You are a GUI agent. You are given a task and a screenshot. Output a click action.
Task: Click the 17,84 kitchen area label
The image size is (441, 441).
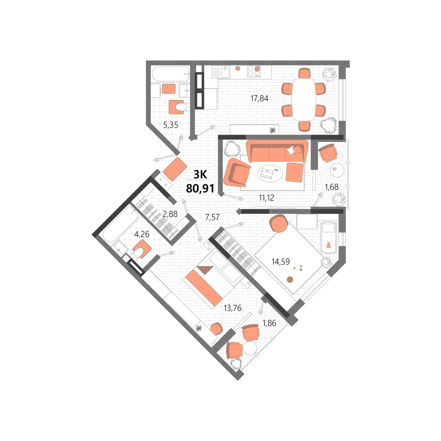[x=259, y=98]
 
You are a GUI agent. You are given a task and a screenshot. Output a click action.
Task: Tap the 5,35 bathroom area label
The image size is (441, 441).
[x=171, y=125]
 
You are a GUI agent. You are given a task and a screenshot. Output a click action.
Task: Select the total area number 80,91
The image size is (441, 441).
[x=200, y=189]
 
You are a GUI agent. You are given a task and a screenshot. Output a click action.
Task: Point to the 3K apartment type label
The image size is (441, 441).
[x=200, y=175]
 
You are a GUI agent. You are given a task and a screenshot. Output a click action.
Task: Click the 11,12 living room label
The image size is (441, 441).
[x=266, y=197]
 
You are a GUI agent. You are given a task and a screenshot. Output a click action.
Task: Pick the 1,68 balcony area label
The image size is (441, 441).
[x=331, y=187]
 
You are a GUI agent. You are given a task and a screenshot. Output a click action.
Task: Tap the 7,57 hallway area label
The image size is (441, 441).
[x=212, y=217]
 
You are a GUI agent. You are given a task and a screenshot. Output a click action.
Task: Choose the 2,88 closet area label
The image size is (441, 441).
[x=170, y=214]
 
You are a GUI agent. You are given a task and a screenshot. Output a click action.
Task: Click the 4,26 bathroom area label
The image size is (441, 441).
[x=142, y=234]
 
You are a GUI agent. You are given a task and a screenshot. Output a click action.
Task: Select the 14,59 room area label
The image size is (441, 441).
[x=280, y=261]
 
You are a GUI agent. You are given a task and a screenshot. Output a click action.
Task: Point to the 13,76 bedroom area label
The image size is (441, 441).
[x=233, y=308]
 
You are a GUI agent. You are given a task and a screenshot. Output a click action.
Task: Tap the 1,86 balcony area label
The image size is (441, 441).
[x=269, y=323]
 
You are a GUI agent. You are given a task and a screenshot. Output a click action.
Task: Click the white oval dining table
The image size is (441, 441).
[x=304, y=100]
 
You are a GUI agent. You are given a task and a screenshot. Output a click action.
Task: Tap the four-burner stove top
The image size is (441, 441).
[x=254, y=71]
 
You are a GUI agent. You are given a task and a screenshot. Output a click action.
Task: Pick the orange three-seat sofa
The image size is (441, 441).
[x=277, y=151]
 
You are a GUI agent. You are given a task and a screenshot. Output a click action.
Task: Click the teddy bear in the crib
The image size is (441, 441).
[x=329, y=245]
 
